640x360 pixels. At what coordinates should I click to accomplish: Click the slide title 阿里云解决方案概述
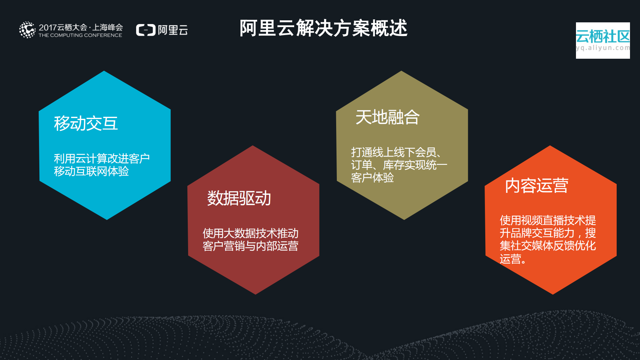(x=323, y=28)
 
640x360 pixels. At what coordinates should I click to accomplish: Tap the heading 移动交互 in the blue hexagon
(x=86, y=123)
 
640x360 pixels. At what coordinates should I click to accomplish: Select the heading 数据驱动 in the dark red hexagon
(x=239, y=198)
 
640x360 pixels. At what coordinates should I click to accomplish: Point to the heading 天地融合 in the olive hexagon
(x=387, y=117)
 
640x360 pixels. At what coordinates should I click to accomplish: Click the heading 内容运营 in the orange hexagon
(x=536, y=186)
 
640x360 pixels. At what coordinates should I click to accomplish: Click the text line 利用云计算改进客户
(x=102, y=158)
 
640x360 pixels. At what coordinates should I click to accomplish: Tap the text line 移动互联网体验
(x=91, y=171)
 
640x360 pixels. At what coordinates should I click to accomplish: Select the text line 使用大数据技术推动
(x=250, y=233)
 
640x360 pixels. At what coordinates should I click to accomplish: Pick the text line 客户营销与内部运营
(x=250, y=246)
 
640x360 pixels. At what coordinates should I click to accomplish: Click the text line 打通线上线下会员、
(x=396, y=152)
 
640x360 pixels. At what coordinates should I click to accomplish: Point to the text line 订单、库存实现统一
(x=399, y=165)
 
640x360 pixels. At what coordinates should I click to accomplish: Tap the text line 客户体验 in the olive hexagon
(x=372, y=178)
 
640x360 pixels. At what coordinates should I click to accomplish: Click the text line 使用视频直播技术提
(x=548, y=221)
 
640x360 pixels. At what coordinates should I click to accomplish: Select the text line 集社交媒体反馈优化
(x=548, y=246)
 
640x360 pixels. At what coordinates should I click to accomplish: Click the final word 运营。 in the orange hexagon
(x=513, y=259)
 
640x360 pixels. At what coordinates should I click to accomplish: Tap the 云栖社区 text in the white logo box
(x=603, y=36)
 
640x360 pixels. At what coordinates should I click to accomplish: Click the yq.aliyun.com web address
(x=603, y=48)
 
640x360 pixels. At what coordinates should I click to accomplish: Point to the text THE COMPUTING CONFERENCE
(x=80, y=35)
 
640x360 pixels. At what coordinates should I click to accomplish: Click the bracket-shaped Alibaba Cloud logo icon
(x=146, y=30)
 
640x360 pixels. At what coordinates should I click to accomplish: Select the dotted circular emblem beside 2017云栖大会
(x=27, y=30)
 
